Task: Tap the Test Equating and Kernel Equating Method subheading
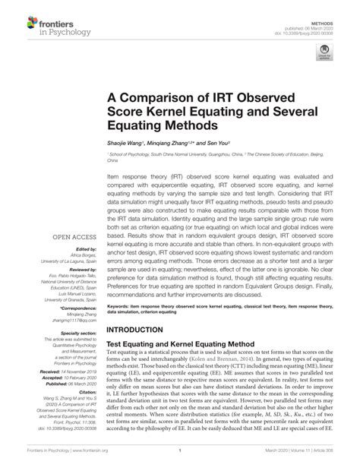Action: (185, 344)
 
